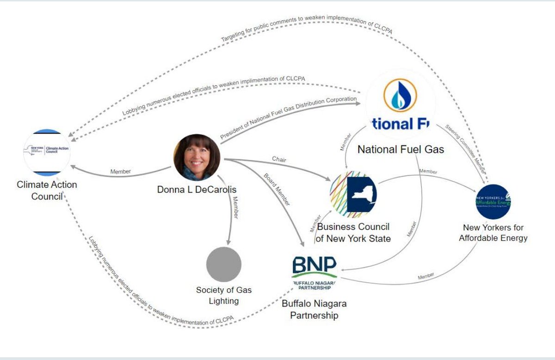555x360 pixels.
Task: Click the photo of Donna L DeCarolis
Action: point(196,157)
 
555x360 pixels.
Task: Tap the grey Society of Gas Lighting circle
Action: point(224,264)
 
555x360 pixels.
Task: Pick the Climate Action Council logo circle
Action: point(47,152)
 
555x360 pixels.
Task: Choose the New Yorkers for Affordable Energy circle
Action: point(493,201)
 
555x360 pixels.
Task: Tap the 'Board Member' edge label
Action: point(277,190)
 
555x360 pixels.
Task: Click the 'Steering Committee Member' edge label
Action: point(466,148)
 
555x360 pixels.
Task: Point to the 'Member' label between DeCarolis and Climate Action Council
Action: point(121,172)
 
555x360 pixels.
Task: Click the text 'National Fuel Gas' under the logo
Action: point(401,149)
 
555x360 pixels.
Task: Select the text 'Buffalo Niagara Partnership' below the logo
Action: point(314,310)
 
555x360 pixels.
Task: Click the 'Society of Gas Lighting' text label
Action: point(224,295)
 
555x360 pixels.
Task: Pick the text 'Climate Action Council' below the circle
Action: point(47,190)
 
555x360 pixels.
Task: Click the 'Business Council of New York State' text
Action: point(354,233)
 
